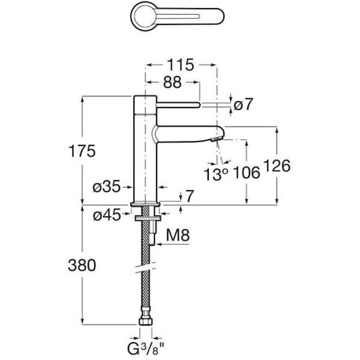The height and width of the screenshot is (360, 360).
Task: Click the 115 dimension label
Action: (x=180, y=65)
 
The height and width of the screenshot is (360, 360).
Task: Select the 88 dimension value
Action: (x=172, y=82)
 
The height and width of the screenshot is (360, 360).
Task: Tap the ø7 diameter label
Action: (x=243, y=105)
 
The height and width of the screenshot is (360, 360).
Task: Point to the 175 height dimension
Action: (x=82, y=151)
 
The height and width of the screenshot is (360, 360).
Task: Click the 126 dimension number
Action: (x=277, y=165)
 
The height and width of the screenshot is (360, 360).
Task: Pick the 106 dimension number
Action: (x=247, y=173)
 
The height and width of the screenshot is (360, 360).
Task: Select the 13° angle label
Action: (x=216, y=175)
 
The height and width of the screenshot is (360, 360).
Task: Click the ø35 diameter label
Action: (x=106, y=187)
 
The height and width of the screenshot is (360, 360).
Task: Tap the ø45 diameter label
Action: (x=107, y=215)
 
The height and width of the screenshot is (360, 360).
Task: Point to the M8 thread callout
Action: (x=178, y=236)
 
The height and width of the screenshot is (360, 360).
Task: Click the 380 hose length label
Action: (x=82, y=265)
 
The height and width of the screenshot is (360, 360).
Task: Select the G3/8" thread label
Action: (x=146, y=348)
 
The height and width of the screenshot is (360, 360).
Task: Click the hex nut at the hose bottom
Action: (x=145, y=321)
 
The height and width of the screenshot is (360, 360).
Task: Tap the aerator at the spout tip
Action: (x=217, y=139)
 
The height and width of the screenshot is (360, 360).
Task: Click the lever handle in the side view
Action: (x=178, y=105)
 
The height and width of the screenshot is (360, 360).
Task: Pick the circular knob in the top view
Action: (x=143, y=15)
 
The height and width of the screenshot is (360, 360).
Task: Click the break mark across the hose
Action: (x=146, y=268)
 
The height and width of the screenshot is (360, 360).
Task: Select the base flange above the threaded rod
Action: (x=146, y=204)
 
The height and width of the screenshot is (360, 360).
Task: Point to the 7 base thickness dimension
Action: (x=189, y=196)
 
